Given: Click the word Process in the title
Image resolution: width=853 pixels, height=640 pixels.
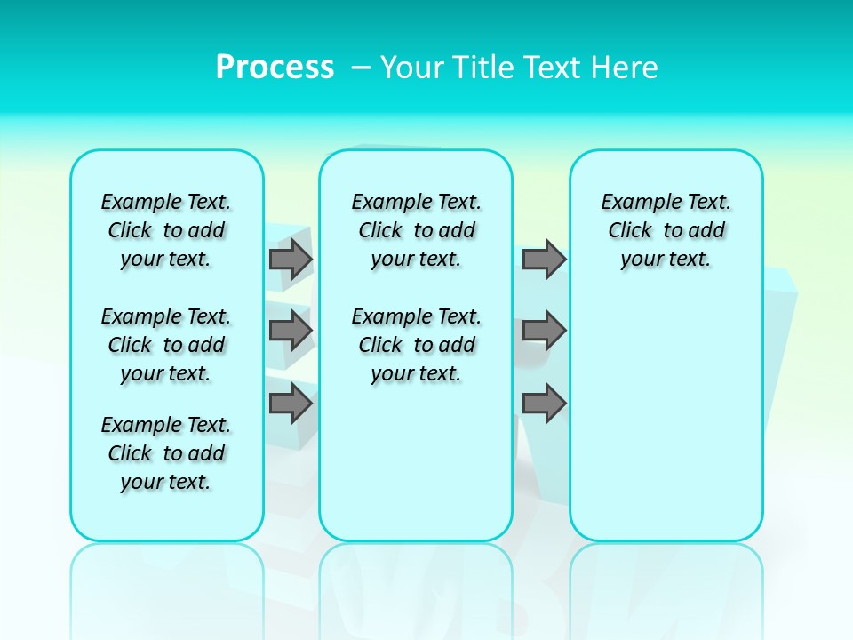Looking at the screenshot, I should click(x=275, y=67).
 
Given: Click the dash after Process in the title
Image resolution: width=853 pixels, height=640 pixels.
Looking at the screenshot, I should click(x=360, y=68).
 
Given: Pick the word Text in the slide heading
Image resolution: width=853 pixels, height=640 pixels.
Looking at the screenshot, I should click(x=551, y=67).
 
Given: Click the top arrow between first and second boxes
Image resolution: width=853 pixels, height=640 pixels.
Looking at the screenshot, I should click(x=290, y=260).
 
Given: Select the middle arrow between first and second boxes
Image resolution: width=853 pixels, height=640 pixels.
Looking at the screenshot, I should click(x=290, y=331).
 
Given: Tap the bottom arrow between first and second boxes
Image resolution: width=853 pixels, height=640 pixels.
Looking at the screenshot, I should click(x=290, y=404).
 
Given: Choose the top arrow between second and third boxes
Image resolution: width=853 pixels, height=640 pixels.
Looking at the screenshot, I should click(x=544, y=260).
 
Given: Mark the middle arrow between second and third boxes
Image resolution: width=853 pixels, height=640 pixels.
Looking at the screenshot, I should click(x=544, y=331).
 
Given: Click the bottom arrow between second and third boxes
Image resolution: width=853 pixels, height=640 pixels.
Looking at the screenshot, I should click(x=544, y=404).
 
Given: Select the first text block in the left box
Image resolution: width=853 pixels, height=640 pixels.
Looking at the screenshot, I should click(x=166, y=230).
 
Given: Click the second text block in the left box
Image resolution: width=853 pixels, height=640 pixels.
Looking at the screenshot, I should click(x=166, y=345).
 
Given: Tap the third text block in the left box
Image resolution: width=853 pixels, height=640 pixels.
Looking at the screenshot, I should click(x=166, y=453).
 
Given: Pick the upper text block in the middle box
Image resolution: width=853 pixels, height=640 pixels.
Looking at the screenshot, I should click(x=416, y=230).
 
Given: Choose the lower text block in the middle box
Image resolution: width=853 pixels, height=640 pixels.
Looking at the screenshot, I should click(x=416, y=345).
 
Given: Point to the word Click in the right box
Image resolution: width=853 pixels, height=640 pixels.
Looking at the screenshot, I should click(x=630, y=230).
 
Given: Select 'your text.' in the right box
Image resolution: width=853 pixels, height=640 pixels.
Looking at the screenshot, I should click(x=666, y=259).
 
